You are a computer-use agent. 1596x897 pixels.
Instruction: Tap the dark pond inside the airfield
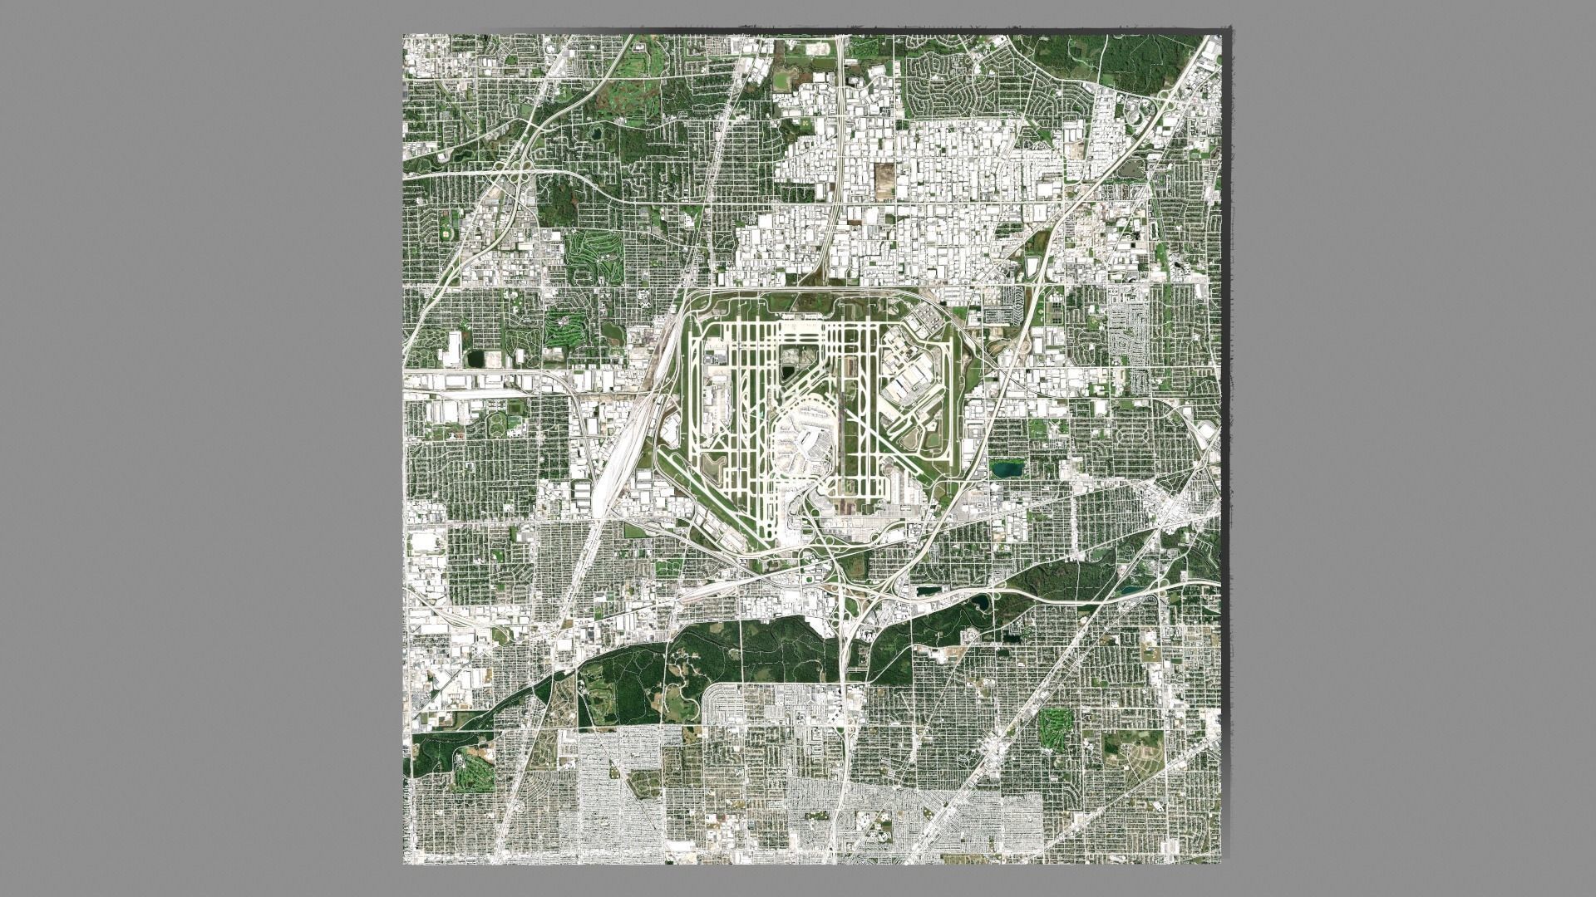tap(786, 374)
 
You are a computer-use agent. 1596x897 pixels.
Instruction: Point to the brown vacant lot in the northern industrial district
tap(884, 176)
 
